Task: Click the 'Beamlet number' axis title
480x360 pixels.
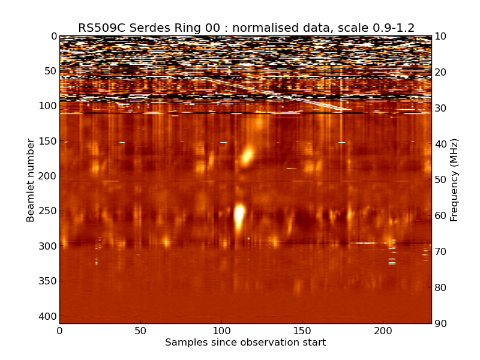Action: (x=31, y=180)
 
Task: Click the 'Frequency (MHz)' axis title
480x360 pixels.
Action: (x=455, y=180)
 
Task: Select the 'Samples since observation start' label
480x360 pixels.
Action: (x=245, y=343)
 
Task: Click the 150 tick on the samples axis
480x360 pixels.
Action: (x=302, y=331)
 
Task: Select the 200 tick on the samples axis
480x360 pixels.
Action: (x=383, y=331)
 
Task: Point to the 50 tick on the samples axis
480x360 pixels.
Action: (x=140, y=331)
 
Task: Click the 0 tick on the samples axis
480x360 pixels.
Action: (x=59, y=331)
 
